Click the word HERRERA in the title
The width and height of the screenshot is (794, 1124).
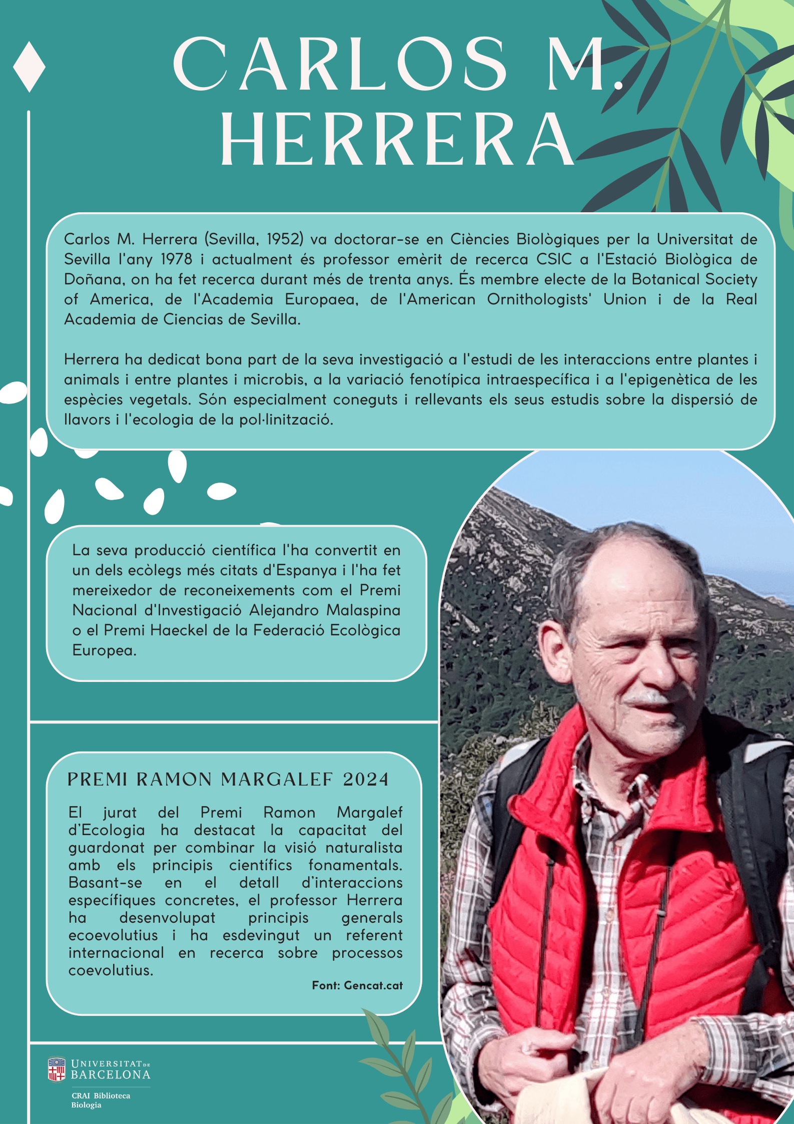(398, 139)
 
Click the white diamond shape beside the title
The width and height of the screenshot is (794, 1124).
(29, 67)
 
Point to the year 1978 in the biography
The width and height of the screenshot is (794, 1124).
(176, 259)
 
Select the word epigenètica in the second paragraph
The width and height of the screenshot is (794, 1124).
(669, 380)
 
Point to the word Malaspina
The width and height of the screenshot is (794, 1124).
(363, 610)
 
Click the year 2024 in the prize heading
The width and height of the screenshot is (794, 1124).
(366, 780)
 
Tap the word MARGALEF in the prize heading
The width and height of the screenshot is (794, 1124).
(277, 780)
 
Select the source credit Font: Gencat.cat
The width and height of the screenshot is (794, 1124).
(357, 985)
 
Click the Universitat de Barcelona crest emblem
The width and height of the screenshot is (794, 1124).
(57, 1069)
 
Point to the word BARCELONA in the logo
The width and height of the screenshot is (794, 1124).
(111, 1074)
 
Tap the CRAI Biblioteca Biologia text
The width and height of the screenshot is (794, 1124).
(100, 1100)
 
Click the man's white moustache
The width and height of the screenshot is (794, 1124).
(649, 697)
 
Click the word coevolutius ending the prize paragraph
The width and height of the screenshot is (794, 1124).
(111, 970)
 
